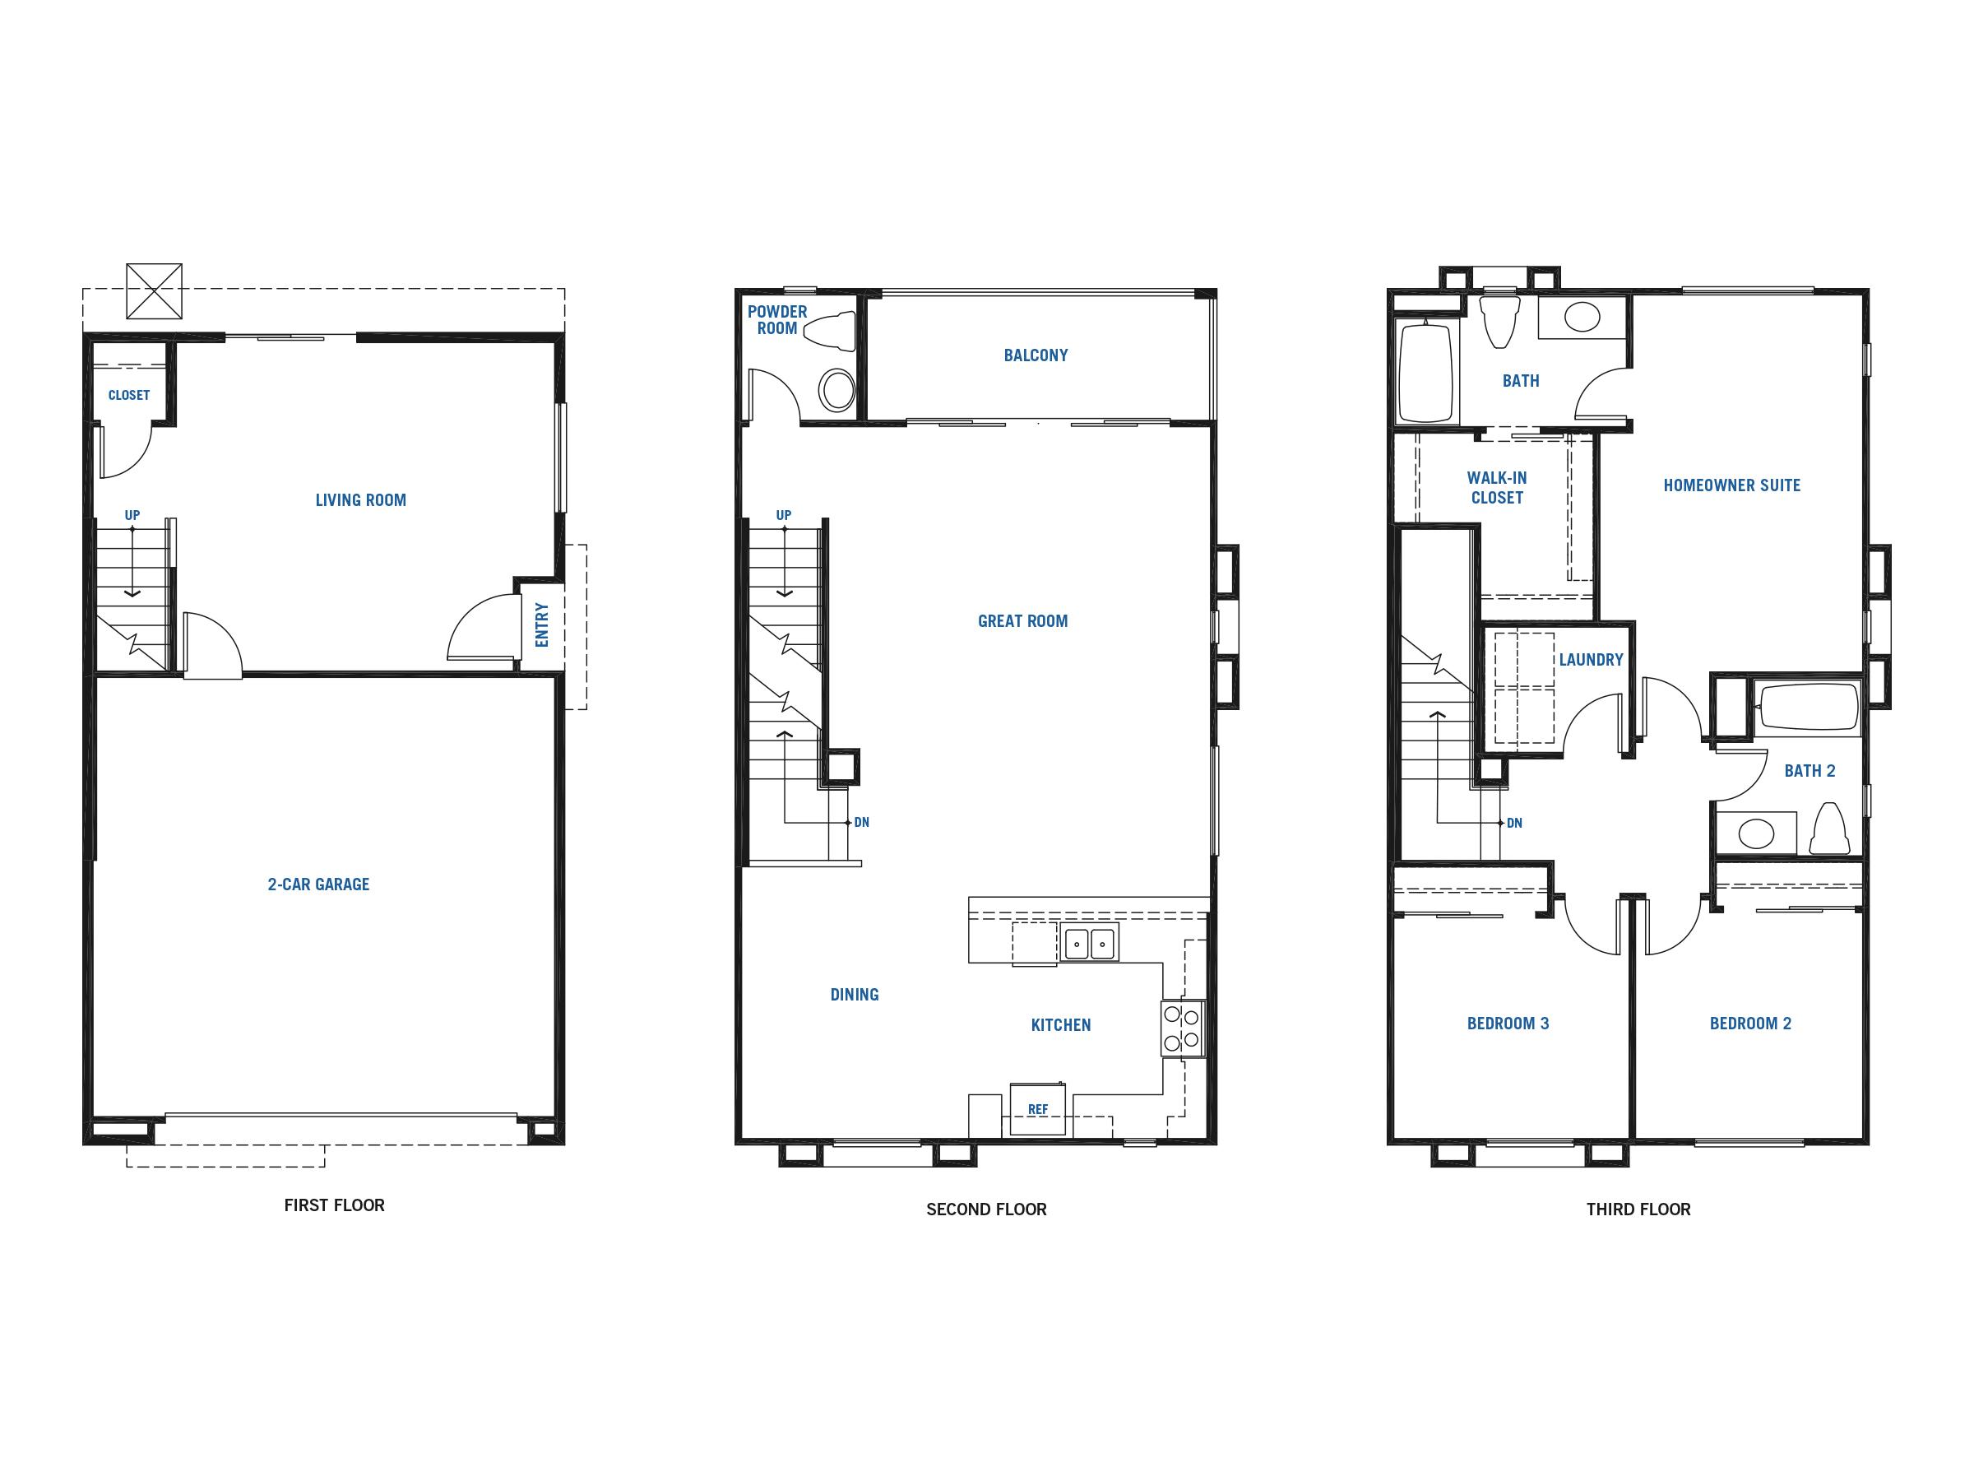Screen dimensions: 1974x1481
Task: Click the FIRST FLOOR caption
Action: [334, 1205]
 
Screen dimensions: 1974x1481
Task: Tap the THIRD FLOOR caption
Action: [1638, 1209]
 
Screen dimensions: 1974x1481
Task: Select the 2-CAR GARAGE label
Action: [318, 884]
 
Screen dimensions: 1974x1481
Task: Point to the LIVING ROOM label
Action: [360, 501]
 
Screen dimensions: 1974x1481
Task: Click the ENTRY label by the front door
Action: [542, 624]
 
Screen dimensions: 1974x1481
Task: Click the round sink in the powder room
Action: [837, 390]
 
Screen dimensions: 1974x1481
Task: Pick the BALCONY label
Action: [1036, 355]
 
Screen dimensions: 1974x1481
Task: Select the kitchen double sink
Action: [1089, 944]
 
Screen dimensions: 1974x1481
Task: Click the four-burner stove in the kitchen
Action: [1183, 1029]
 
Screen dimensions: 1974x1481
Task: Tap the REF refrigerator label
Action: [1038, 1110]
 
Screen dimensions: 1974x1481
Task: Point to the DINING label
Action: [854, 995]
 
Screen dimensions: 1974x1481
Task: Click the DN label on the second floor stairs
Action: [861, 822]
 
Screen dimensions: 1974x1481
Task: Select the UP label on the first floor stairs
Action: [132, 515]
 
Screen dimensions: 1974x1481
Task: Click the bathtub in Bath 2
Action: [1807, 708]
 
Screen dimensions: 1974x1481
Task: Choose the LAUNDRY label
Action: [1592, 660]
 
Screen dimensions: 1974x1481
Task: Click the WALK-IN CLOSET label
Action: [1497, 488]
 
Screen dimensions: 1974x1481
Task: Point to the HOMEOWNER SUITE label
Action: [1731, 485]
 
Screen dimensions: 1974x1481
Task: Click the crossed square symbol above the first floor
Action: [155, 291]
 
